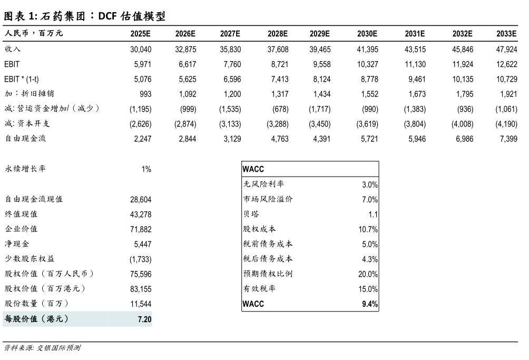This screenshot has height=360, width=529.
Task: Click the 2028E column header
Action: point(278,34)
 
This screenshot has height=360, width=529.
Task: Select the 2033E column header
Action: point(506,34)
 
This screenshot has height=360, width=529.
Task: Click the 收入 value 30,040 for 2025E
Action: point(141,49)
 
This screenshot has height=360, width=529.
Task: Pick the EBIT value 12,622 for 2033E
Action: point(506,64)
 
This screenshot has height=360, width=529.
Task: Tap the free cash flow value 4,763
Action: point(278,139)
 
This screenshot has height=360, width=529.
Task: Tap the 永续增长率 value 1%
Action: point(146,169)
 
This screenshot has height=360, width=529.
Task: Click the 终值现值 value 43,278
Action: point(141,215)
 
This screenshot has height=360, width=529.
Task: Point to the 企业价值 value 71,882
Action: point(141,229)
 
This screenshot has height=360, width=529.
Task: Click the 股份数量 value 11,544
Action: point(141,304)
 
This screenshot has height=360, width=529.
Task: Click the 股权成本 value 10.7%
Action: point(368,229)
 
